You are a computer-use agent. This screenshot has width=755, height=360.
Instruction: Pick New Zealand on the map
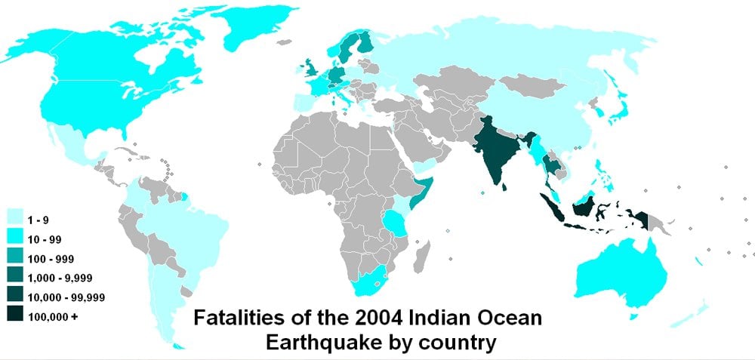[x=691, y=312]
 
